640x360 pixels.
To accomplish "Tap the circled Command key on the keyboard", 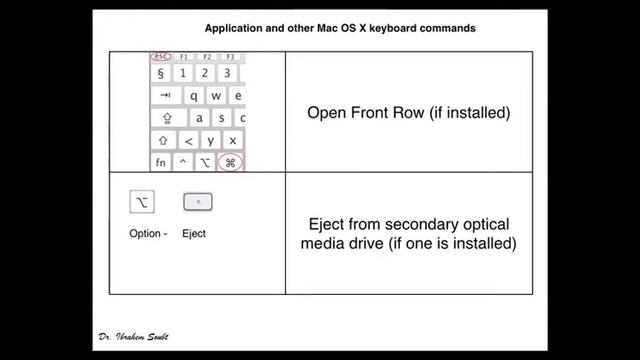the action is point(230,162).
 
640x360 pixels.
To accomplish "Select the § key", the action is point(161,73).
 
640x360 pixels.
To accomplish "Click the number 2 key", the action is point(205,73).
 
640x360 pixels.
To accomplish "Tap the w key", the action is point(215,95).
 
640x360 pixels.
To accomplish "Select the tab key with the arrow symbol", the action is point(163,95).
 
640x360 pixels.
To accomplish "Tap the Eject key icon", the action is point(198,202).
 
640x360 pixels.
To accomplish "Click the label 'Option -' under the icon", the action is point(148,234).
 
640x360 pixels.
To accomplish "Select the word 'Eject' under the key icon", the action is point(194,234).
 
